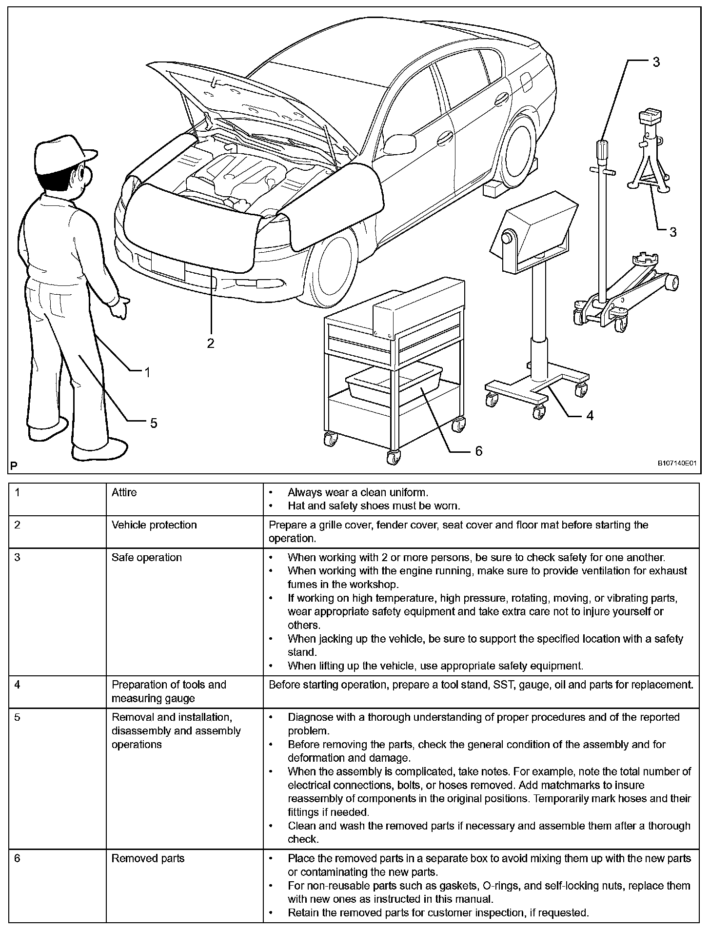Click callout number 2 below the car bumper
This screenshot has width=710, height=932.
(210, 344)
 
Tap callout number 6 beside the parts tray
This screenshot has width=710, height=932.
(478, 451)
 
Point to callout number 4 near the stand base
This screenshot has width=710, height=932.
(590, 416)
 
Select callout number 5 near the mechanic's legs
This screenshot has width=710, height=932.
(154, 423)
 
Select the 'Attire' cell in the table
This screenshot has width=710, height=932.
(124, 492)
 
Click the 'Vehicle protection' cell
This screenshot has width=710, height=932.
(154, 525)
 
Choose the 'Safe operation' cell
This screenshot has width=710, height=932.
(147, 557)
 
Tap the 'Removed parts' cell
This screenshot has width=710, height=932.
(148, 858)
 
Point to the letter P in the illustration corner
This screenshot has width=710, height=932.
(14, 466)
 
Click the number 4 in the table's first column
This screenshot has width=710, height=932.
(18, 684)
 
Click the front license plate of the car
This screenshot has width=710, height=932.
(168, 266)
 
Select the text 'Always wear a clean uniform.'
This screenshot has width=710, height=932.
(357, 492)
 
